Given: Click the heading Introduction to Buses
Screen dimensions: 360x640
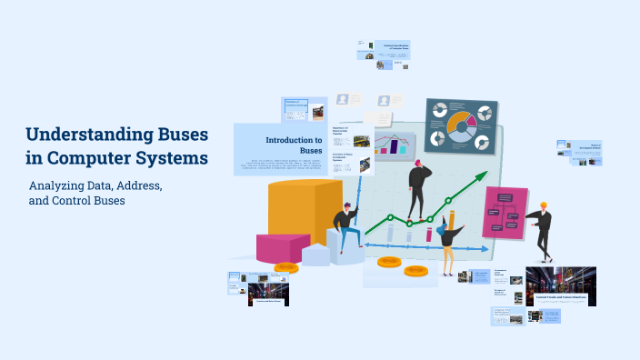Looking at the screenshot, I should click(293, 145).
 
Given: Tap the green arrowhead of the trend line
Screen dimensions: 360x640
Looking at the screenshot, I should click(479, 178).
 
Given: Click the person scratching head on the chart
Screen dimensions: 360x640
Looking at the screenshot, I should click(419, 190).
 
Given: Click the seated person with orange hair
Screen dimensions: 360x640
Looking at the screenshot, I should click(346, 226).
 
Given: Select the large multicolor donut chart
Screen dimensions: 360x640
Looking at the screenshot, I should click(461, 125).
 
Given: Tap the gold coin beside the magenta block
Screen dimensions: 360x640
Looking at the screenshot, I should click(285, 267).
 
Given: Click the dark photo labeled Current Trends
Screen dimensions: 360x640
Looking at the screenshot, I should click(560, 285).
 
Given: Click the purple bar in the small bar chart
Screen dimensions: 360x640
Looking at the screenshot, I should click(395, 145).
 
